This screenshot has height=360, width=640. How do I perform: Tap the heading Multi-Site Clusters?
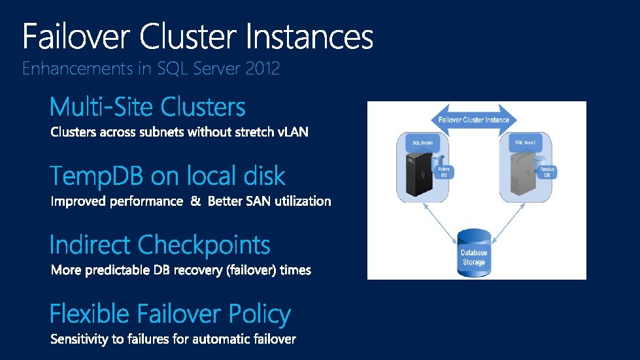tap(148, 107)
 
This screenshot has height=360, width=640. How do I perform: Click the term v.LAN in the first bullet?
tap(293, 133)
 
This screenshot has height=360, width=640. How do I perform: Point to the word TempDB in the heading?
tap(98, 176)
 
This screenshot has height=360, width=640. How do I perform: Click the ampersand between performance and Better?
tap(195, 201)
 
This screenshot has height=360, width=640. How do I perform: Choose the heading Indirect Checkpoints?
tap(160, 245)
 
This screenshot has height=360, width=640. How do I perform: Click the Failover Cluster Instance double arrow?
tap(474, 120)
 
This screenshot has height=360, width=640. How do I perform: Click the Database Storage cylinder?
tap(474, 251)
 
